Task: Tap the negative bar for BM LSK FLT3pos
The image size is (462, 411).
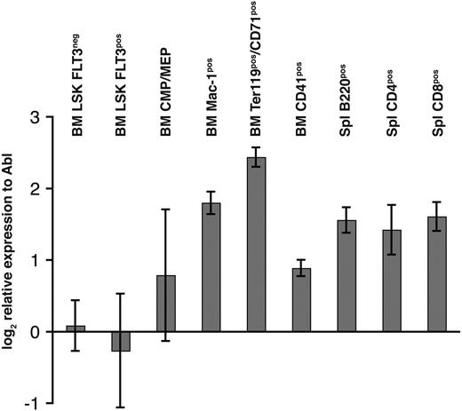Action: pyautogui.click(x=120, y=341)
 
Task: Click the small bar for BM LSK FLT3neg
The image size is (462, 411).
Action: pyautogui.click(x=75, y=328)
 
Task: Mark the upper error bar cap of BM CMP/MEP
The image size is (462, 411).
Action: pyautogui.click(x=165, y=209)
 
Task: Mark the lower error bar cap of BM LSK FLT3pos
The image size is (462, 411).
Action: pyautogui.click(x=120, y=407)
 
